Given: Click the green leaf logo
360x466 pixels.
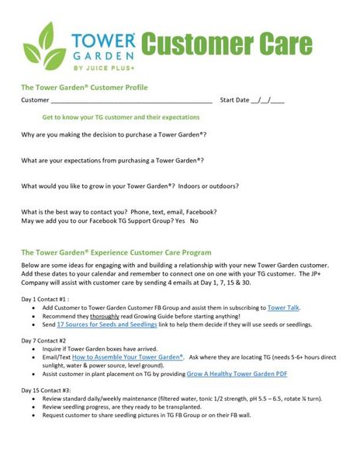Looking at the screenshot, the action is click(x=41, y=46).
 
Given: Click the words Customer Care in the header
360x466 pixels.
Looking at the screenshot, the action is click(x=227, y=44).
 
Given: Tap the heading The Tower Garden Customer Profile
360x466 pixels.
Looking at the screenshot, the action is click(x=85, y=88).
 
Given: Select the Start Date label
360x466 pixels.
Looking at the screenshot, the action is click(x=235, y=100).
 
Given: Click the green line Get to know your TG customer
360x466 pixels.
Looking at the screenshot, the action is click(x=120, y=117).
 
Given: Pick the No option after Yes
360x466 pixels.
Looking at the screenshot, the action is click(x=194, y=221).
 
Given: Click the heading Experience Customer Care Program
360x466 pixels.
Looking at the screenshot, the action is click(x=116, y=252).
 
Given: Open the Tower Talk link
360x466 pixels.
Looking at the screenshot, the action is click(x=284, y=308).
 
